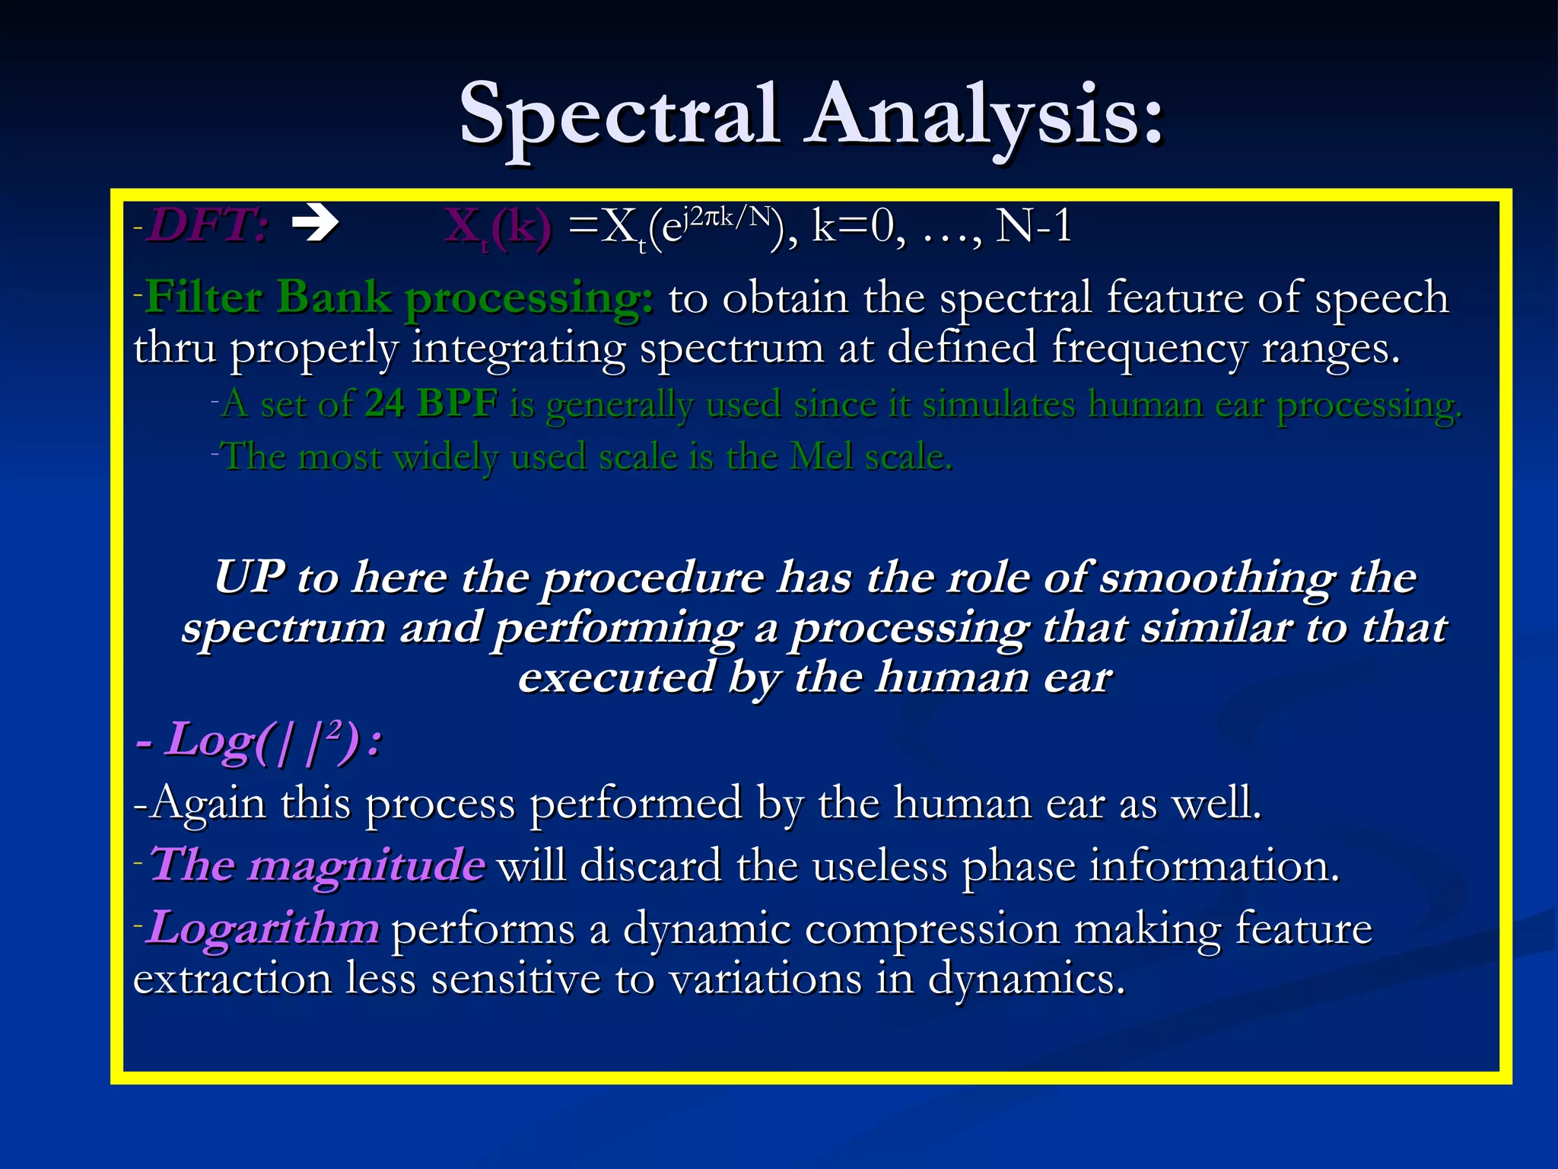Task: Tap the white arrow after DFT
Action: click(315, 225)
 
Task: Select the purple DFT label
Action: click(207, 226)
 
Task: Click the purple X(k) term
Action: click(498, 228)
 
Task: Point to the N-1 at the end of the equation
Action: click(1034, 226)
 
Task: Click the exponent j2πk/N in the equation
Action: click(727, 218)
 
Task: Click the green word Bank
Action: click(334, 296)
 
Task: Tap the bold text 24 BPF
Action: click(431, 403)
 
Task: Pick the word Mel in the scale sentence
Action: click(821, 457)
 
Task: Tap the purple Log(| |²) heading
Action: click(259, 741)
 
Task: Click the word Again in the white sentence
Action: click(208, 804)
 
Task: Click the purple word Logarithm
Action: click(262, 929)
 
